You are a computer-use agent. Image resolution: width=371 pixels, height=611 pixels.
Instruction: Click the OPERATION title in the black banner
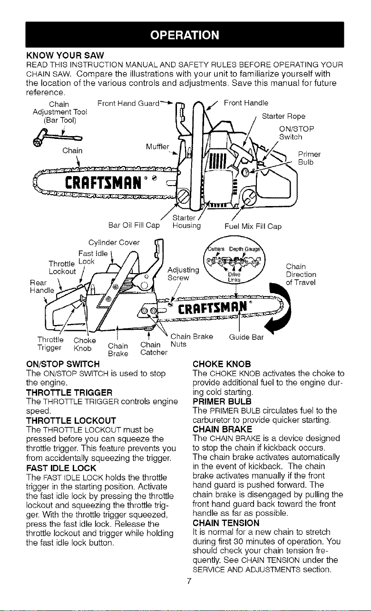coord(185,35)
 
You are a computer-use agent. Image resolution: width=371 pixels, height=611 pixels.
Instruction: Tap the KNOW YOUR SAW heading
coord(65,56)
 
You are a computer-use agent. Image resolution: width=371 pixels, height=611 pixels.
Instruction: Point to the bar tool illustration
coord(58,139)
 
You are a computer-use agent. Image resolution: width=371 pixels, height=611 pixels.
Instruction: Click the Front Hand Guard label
coord(128,103)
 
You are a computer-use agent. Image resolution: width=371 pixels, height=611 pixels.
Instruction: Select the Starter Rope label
coord(283,116)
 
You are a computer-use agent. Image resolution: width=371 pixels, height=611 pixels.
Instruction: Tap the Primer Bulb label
coord(309,158)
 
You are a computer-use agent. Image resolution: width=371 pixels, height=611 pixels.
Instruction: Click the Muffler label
coord(157,147)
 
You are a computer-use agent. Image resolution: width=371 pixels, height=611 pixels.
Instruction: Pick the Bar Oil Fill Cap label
coord(134,225)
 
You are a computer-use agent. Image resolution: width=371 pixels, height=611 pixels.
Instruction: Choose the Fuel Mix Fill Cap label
coord(253,227)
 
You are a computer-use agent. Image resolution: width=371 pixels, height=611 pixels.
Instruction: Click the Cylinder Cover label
coord(114,243)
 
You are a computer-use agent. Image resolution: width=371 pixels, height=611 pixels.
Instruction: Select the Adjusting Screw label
coord(183,274)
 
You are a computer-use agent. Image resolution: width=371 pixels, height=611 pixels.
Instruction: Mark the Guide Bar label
coord(246,337)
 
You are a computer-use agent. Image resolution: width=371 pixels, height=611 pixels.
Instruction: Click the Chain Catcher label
coord(154,349)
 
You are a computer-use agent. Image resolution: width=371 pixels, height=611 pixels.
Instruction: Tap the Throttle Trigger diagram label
coord(50,344)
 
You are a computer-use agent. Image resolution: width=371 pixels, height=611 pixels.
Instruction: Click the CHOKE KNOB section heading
coord(222,364)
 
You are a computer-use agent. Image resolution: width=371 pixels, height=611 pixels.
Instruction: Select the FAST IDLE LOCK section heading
coord(61,468)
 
